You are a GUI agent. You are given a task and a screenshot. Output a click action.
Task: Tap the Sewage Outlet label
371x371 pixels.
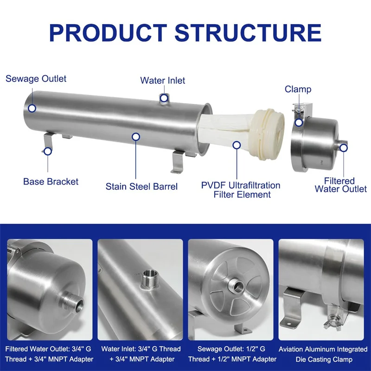pyautogui.click(x=36, y=78)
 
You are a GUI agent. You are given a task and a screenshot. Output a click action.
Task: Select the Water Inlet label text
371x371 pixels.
pyautogui.click(x=162, y=81)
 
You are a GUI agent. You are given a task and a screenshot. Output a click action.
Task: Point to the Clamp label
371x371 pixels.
pyautogui.click(x=298, y=89)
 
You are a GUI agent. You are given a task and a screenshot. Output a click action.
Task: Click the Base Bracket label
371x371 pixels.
pyautogui.click(x=51, y=181)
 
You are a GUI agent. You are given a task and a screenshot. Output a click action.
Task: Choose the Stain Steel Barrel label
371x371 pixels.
pyautogui.click(x=141, y=186)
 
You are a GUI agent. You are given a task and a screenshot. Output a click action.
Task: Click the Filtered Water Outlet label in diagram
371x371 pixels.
pyautogui.click(x=340, y=185)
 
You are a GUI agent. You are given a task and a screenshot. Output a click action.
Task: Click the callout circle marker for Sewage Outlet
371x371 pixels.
pyautogui.click(x=32, y=108)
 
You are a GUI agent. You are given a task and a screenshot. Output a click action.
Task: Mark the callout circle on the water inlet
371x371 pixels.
pyautogui.click(x=164, y=97)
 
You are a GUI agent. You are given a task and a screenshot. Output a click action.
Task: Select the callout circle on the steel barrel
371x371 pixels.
pyautogui.click(x=136, y=137)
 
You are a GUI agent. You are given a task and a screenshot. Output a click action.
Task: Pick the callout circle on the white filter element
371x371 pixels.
pyautogui.click(x=237, y=145)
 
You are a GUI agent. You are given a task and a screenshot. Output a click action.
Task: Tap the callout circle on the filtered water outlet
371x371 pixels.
pyautogui.click(x=343, y=147)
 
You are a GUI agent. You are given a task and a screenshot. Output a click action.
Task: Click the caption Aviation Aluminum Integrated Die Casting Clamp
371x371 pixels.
pyautogui.click(x=323, y=354)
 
